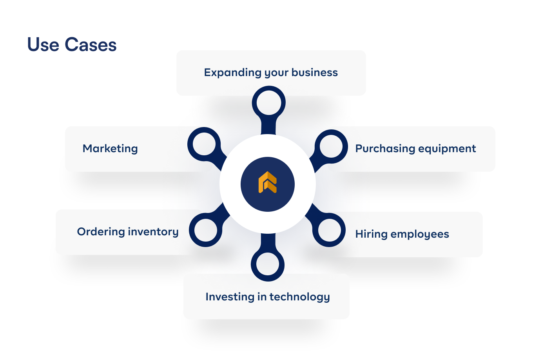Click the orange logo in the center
[x=268, y=183]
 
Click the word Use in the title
[x=43, y=45]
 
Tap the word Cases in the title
[x=91, y=45]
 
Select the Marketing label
[x=110, y=149]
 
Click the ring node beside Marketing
[x=204, y=144]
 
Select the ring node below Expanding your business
[x=268, y=103]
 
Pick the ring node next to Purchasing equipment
[x=331, y=146]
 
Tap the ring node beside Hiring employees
[x=329, y=230]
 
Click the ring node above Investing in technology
[x=268, y=264]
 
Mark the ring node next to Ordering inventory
[x=206, y=230]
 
